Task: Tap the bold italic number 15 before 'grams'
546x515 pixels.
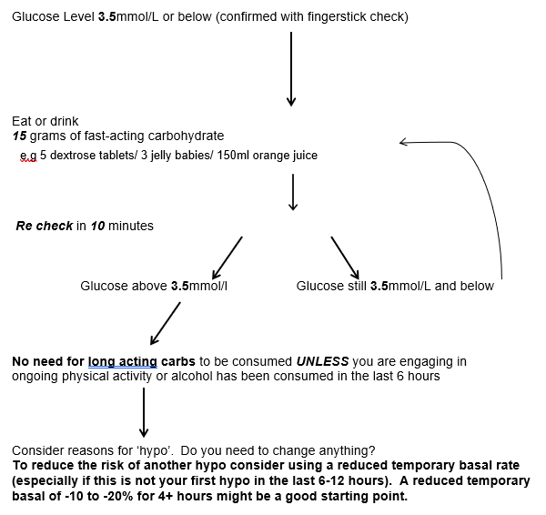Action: tap(20, 136)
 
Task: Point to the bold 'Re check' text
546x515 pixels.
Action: tap(45, 226)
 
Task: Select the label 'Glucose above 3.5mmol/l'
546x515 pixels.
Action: tap(153, 286)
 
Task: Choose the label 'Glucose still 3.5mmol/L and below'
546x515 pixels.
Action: tap(395, 286)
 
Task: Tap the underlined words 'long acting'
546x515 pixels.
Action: tap(123, 361)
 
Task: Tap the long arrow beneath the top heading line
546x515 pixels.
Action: tap(290, 68)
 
